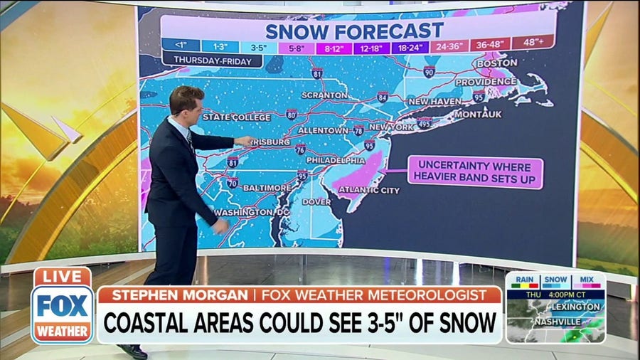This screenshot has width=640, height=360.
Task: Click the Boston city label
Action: click(x=497, y=63)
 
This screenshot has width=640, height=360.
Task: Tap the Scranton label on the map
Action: click(x=324, y=95)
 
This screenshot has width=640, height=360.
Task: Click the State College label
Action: click(x=237, y=117)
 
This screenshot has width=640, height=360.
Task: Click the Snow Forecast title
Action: click(x=354, y=31)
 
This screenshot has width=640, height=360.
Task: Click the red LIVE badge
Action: click(x=63, y=277)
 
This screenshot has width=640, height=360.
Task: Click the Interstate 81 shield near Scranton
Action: click(x=317, y=73)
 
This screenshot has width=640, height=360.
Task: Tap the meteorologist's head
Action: click(x=188, y=102)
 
